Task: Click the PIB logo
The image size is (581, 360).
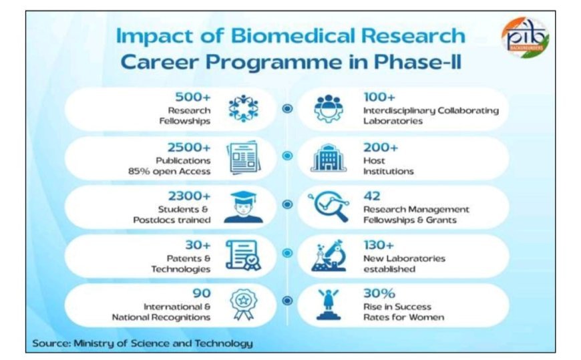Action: pyautogui.click(x=526, y=37)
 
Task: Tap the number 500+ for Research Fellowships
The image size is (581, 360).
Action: pyautogui.click(x=193, y=97)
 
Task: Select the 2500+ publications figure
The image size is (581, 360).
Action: pyautogui.click(x=189, y=148)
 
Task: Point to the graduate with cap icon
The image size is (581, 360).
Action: pyautogui.click(x=244, y=207)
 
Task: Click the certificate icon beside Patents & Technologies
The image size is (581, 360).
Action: pyautogui.click(x=244, y=255)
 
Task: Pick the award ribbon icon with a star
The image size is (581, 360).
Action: pyautogui.click(x=243, y=305)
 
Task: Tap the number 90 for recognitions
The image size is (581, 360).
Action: pyautogui.click(x=202, y=293)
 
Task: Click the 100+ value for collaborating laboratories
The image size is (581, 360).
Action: pyautogui.click(x=379, y=97)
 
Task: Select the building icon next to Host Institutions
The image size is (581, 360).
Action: pyautogui.click(x=329, y=158)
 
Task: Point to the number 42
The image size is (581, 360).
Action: pyautogui.click(x=372, y=196)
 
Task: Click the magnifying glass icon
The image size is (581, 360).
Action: pyautogui.click(x=329, y=206)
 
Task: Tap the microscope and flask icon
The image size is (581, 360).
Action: pyautogui.click(x=329, y=255)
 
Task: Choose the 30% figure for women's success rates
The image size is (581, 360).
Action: pyautogui.click(x=379, y=293)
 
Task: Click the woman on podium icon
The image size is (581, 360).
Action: pyautogui.click(x=329, y=305)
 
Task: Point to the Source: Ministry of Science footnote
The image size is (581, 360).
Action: pyautogui.click(x=143, y=344)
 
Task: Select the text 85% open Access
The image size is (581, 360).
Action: pyautogui.click(x=170, y=171)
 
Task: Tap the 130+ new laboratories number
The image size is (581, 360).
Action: pyautogui.click(x=379, y=245)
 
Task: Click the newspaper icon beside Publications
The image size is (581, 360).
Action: pyautogui.click(x=244, y=158)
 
